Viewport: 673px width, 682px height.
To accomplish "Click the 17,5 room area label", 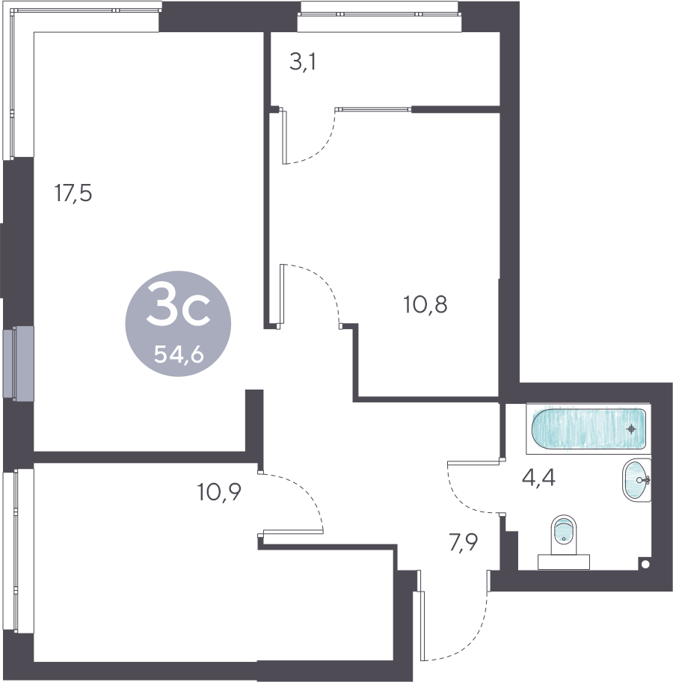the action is pyautogui.click(x=73, y=193).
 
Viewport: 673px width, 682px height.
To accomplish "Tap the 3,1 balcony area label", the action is pyautogui.click(x=303, y=62).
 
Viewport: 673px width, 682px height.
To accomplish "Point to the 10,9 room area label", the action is pyautogui.click(x=219, y=492).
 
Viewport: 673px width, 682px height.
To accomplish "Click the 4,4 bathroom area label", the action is pyautogui.click(x=538, y=479).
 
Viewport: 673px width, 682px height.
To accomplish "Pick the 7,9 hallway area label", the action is pyautogui.click(x=464, y=543).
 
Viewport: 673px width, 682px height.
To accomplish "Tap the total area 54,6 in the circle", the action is pyautogui.click(x=179, y=355).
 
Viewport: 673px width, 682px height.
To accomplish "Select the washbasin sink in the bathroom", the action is pyautogui.click(x=637, y=480).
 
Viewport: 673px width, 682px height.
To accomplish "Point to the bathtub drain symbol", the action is pyautogui.click(x=631, y=429).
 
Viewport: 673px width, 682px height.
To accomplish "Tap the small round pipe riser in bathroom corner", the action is pyautogui.click(x=645, y=565).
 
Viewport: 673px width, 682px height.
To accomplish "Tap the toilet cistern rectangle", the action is pyautogui.click(x=564, y=562).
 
